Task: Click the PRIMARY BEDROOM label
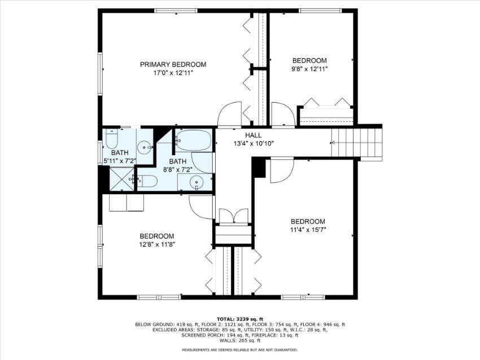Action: pyautogui.click(x=173, y=64)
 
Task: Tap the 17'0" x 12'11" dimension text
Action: pyautogui.click(x=173, y=73)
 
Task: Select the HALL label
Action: pyautogui.click(x=254, y=135)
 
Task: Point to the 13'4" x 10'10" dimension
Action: pyautogui.click(x=254, y=143)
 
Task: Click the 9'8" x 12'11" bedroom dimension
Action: pyautogui.click(x=309, y=69)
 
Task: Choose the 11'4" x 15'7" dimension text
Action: pyautogui.click(x=308, y=230)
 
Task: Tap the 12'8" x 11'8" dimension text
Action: pyautogui.click(x=157, y=244)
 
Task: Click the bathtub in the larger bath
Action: pyautogui.click(x=194, y=141)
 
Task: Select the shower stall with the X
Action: pyautogui.click(x=122, y=179)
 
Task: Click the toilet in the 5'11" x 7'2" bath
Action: pyautogui.click(x=112, y=139)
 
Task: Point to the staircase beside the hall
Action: pyautogui.click(x=357, y=142)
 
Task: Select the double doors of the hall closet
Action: pyautogui.click(x=234, y=217)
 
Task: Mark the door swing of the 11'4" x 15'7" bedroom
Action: pyautogui.click(x=282, y=170)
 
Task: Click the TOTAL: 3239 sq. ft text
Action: pyautogui.click(x=240, y=319)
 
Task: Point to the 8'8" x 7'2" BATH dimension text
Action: pyautogui.click(x=177, y=169)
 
